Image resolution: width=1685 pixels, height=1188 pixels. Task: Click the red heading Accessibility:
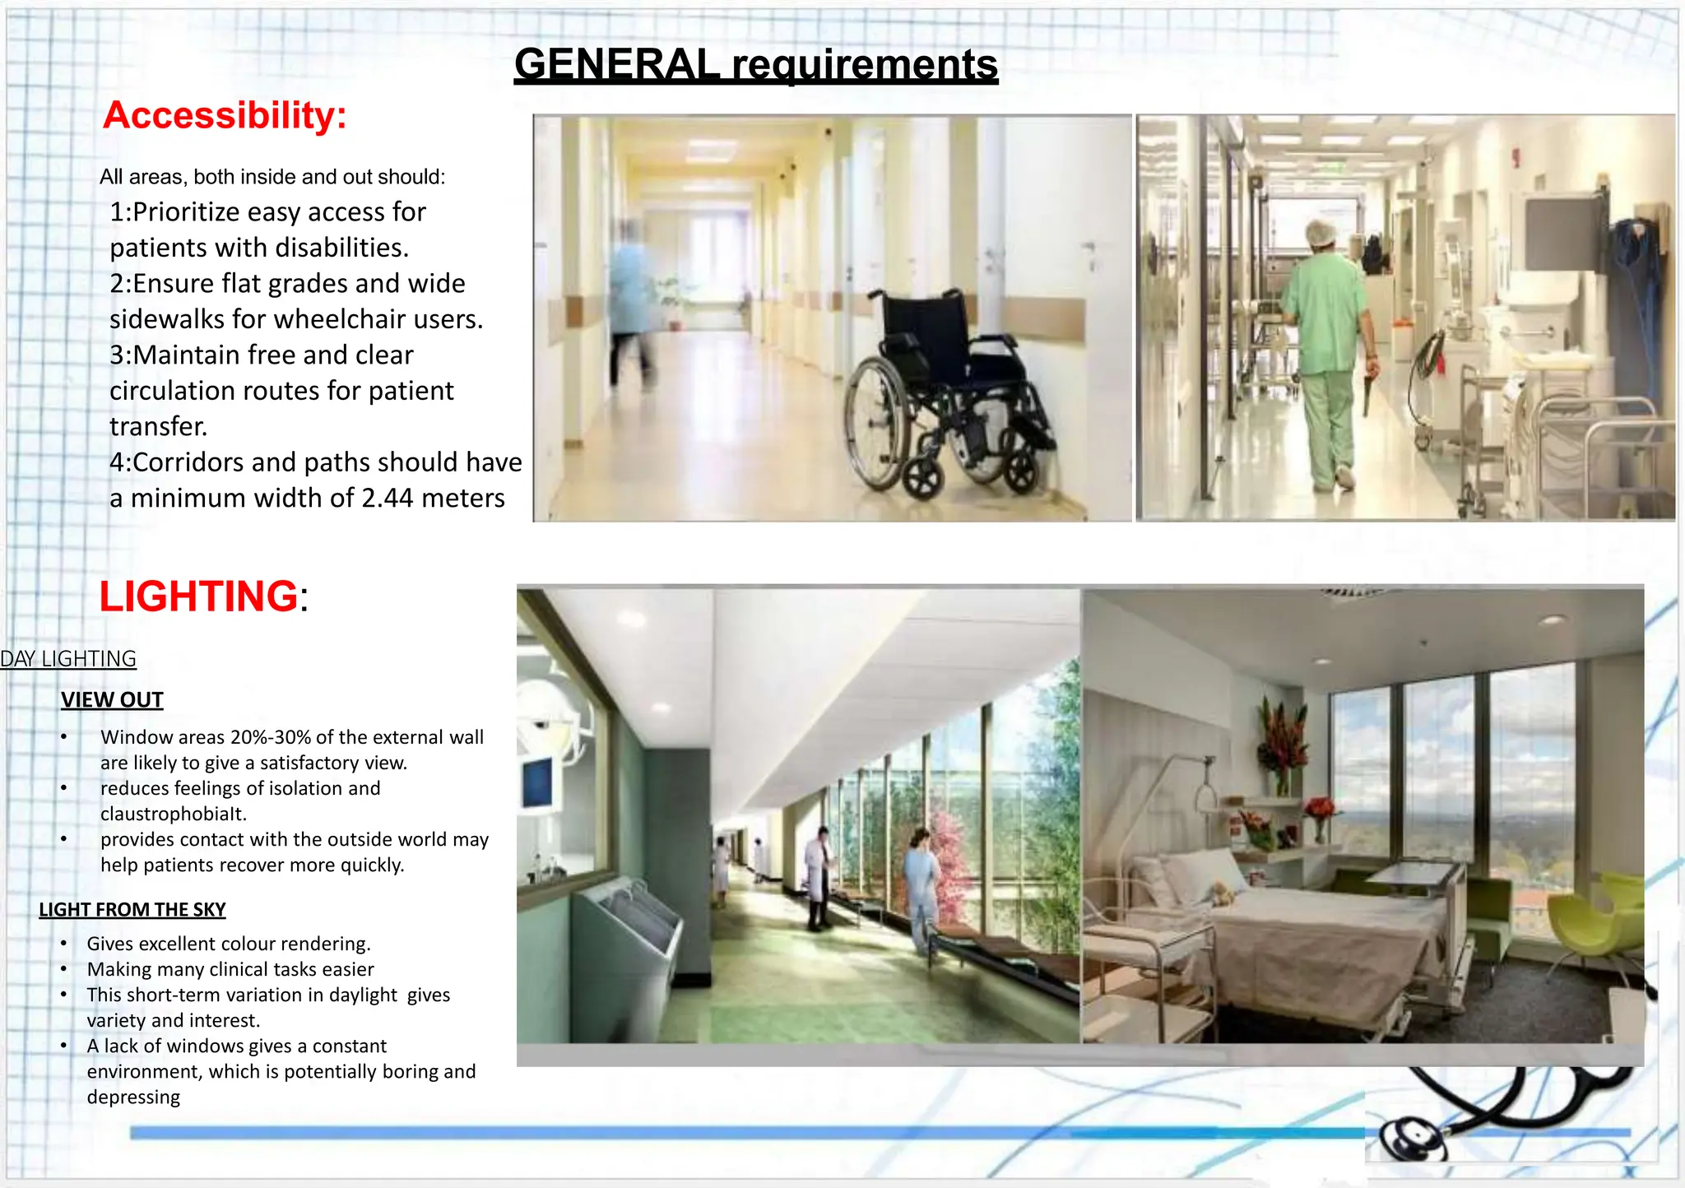[225, 115]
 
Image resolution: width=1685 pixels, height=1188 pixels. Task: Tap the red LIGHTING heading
[198, 596]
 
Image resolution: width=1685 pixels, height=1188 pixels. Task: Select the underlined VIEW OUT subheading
[112, 700]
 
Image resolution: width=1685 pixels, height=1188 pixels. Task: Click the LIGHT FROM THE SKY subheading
[132, 910]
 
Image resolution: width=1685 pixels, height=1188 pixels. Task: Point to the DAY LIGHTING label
[68, 659]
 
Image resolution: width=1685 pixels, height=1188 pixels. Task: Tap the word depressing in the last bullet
[133, 1098]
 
